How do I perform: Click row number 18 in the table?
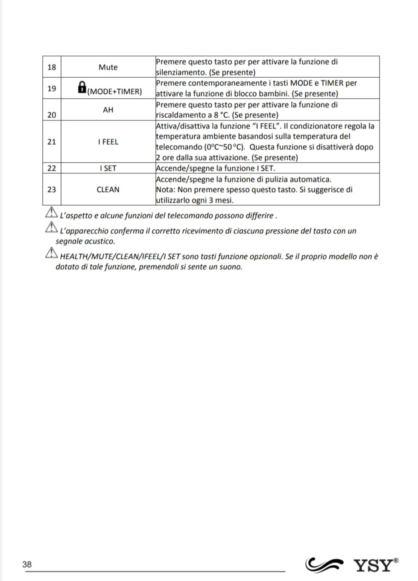(x=52, y=67)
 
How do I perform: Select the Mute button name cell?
(x=108, y=67)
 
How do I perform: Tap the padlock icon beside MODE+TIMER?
(x=82, y=88)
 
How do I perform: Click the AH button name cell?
(x=108, y=110)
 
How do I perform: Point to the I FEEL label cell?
(x=108, y=142)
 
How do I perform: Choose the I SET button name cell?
(x=108, y=168)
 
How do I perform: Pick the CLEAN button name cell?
(x=108, y=189)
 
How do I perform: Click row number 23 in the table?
(x=52, y=189)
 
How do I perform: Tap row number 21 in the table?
(x=52, y=142)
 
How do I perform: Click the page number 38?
(x=27, y=564)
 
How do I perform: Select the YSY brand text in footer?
(x=373, y=565)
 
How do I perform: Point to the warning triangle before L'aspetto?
(x=51, y=213)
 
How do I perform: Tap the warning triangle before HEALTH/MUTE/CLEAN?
(x=51, y=254)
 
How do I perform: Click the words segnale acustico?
(x=85, y=241)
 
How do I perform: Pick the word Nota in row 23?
(x=165, y=190)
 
